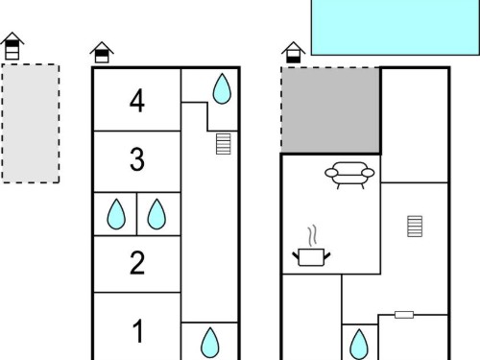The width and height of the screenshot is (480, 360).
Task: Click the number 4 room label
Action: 137,101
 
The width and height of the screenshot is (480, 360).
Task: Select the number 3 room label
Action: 137,158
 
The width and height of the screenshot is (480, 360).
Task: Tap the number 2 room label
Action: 137,263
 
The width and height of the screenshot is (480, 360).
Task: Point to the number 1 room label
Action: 138,331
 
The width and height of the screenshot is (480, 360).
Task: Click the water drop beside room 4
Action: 222,89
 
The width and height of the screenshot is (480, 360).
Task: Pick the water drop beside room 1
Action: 210,343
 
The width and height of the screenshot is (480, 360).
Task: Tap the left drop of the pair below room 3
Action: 116,214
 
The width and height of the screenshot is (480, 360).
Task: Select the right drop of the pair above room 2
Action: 156,214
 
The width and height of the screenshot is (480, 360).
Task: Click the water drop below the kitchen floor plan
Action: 359,345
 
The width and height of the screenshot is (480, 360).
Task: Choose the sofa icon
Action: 349,175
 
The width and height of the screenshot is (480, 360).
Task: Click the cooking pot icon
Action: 311,257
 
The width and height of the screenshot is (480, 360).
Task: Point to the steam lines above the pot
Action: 313,236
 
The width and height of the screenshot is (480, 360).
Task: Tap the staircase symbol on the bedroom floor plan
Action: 224,144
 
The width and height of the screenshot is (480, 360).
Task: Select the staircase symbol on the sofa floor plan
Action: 415,227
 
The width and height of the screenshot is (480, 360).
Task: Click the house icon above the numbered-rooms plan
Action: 102,52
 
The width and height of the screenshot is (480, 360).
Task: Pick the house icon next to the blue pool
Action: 294,52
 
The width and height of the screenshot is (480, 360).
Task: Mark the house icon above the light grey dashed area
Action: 12,46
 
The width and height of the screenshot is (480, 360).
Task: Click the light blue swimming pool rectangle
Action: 396,28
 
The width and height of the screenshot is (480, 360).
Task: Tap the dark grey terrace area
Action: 330,110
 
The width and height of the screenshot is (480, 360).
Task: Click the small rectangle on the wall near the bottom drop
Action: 404,315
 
